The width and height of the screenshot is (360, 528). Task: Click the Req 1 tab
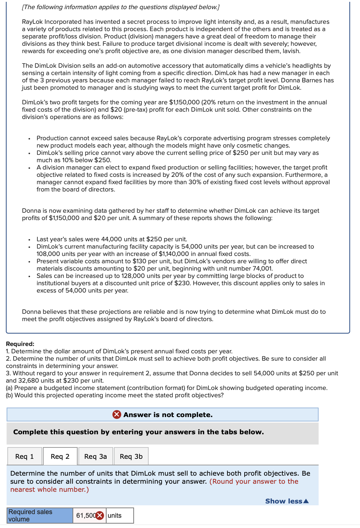point(25,456)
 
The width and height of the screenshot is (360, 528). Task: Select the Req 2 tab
point(60,456)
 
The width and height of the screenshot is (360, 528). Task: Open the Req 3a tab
point(96,456)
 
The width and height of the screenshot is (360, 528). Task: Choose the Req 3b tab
point(131,456)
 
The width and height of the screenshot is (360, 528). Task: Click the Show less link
point(287,501)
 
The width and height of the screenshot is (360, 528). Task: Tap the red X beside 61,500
point(100,516)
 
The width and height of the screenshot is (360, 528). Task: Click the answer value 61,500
point(86,516)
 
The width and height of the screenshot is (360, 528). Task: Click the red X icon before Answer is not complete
point(116,414)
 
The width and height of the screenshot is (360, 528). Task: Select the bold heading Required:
point(20,344)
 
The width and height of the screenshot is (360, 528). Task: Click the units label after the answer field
point(115,516)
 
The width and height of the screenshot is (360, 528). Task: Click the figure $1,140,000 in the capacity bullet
point(174,254)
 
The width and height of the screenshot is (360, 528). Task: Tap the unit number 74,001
point(262,268)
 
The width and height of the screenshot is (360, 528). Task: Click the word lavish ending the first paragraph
point(291,51)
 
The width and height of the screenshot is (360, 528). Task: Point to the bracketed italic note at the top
point(121,7)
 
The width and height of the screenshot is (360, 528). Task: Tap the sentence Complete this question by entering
point(138,432)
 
